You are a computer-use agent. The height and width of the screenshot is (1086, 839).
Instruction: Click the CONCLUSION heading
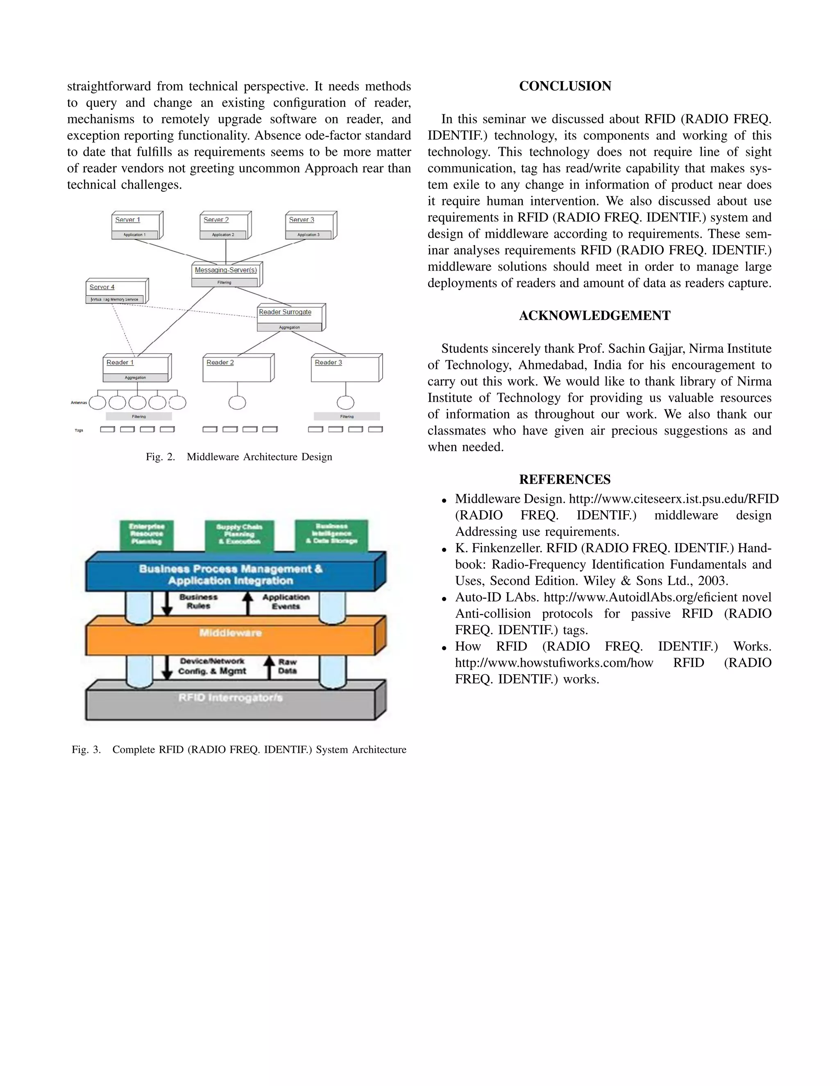tap(565, 86)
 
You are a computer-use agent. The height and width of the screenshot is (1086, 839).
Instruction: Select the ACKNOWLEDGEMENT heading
tap(594, 316)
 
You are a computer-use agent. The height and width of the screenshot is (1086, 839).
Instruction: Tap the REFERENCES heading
tap(565, 479)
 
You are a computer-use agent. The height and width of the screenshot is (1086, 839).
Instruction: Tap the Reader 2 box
tap(237, 368)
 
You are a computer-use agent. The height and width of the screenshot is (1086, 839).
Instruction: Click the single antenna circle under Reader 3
tap(345, 402)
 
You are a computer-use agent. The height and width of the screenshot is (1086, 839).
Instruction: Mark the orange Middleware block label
tap(230, 633)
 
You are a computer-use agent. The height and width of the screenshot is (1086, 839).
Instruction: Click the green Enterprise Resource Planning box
tap(147, 534)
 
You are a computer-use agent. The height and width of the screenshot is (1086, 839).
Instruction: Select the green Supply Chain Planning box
tap(239, 534)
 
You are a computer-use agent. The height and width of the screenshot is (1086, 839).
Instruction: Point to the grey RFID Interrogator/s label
tap(230, 697)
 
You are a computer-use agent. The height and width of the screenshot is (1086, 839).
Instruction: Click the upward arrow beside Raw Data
tap(269, 667)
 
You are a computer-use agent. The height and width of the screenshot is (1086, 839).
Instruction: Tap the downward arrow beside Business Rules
tap(167, 603)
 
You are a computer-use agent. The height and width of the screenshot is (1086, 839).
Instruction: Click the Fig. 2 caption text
tap(238, 457)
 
